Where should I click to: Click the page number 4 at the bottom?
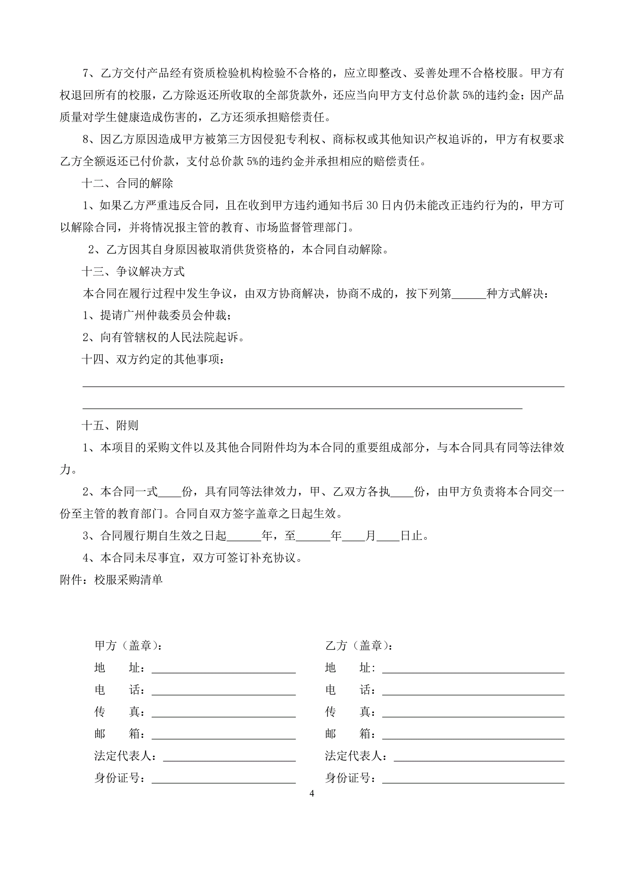[311, 793]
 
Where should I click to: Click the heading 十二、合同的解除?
[127, 183]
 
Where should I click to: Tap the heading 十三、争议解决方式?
[133, 272]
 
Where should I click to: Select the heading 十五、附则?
[110, 425]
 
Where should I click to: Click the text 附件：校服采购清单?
[112, 580]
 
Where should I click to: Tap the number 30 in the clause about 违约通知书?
[372, 206]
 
